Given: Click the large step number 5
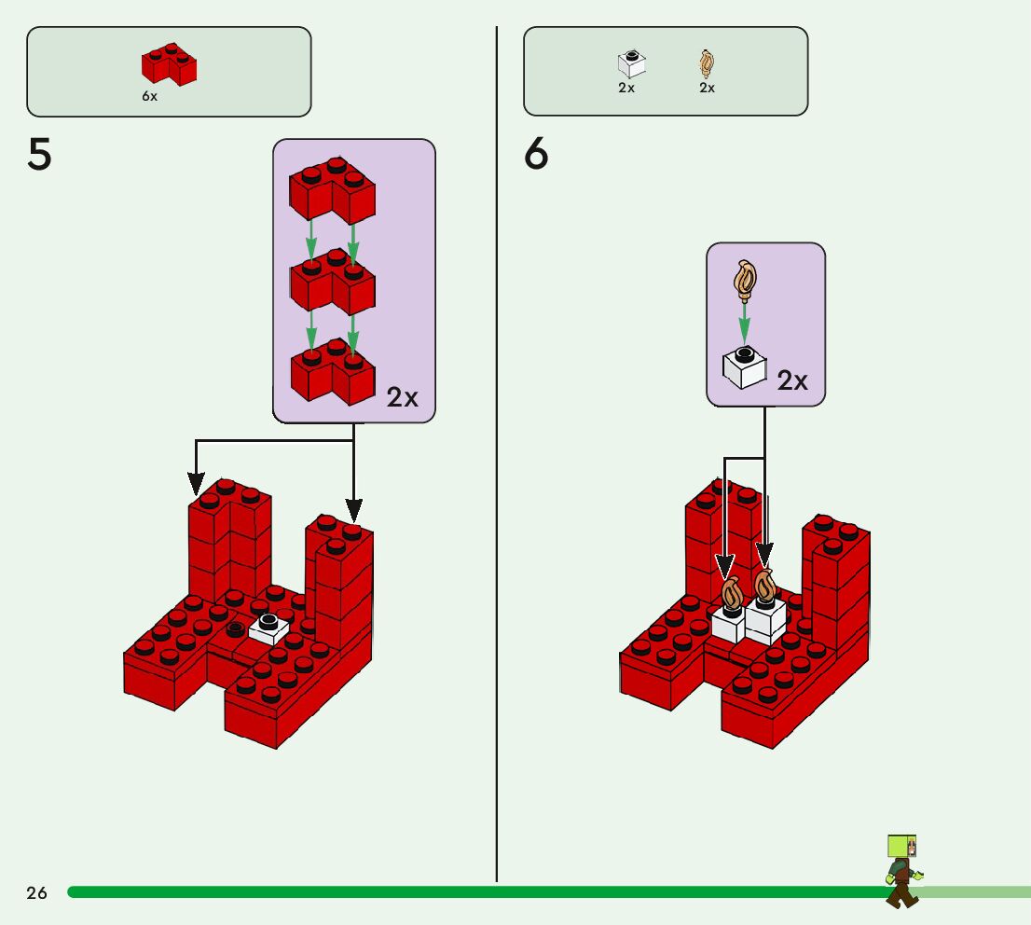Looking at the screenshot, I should pyautogui.click(x=39, y=155).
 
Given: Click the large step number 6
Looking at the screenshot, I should pyautogui.click(x=536, y=155).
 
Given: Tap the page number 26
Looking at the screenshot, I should pyautogui.click(x=36, y=893).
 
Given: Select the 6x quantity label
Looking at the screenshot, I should pyautogui.click(x=149, y=96).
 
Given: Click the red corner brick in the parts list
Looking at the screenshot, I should pyautogui.click(x=169, y=63).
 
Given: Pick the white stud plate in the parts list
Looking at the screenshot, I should pyautogui.click(x=631, y=63).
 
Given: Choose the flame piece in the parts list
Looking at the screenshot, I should pyautogui.click(x=707, y=63).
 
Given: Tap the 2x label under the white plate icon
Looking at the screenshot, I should pyautogui.click(x=626, y=88).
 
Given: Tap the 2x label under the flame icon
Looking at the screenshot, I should pyautogui.click(x=707, y=88).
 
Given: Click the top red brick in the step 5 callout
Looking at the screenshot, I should pyautogui.click(x=332, y=190).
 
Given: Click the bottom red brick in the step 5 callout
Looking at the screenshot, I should pyautogui.click(x=332, y=371).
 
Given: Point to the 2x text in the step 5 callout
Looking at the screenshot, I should pyautogui.click(x=403, y=397).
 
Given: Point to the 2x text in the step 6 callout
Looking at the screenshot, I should pyautogui.click(x=792, y=380).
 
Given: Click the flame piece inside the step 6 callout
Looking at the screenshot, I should pyautogui.click(x=748, y=279).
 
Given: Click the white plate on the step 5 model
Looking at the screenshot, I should pyautogui.click(x=269, y=628).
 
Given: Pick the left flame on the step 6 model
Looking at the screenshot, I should pyautogui.click(x=732, y=593).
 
